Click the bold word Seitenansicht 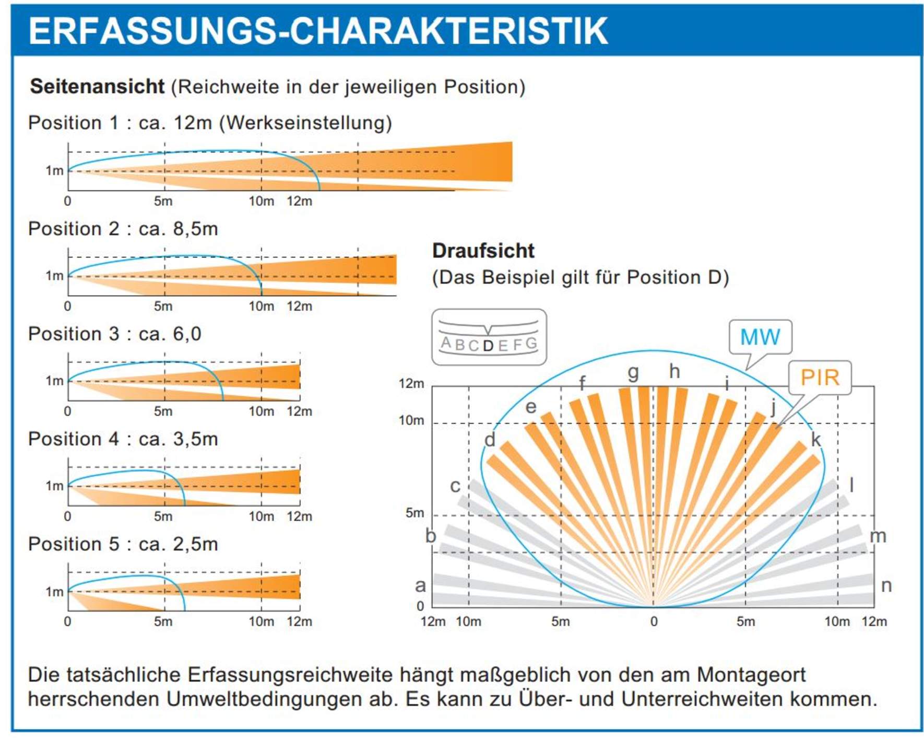97,87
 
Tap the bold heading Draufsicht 483,251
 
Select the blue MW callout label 760,337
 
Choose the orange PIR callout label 820,378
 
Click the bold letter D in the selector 488,346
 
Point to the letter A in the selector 445,343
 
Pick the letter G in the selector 531,343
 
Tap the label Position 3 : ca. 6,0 114,334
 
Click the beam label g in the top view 633,373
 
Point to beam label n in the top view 886,586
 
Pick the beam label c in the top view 455,486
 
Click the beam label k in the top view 815,440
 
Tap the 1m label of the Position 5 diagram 54,592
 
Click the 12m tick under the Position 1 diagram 299,202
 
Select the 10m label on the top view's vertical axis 411,421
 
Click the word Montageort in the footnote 751,675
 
